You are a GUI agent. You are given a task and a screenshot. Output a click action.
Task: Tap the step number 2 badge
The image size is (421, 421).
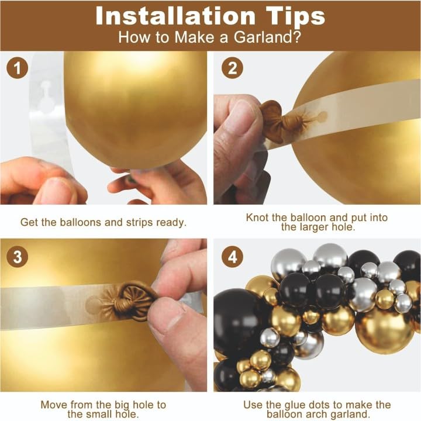(232, 68)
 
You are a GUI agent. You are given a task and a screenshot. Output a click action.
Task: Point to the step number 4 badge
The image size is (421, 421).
(232, 256)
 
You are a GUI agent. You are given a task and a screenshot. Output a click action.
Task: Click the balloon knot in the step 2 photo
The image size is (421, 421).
(279, 119)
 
